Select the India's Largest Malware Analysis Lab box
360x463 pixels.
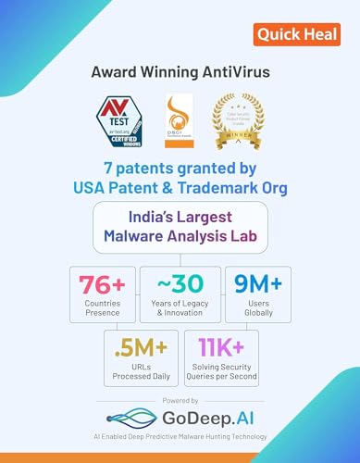click(180, 228)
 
